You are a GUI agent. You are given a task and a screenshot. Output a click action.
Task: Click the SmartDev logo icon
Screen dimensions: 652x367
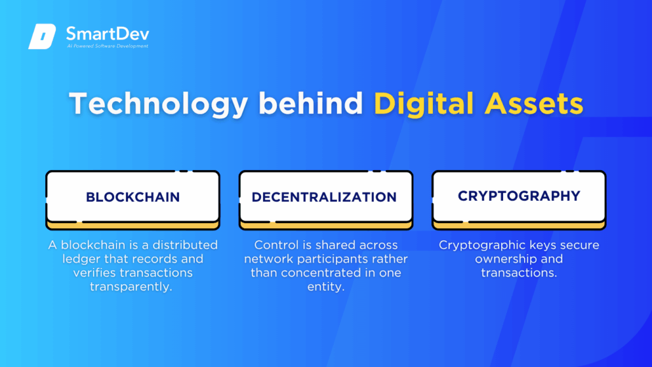pos(42,36)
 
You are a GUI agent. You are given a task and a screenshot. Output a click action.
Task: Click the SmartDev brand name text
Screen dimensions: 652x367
pos(107,34)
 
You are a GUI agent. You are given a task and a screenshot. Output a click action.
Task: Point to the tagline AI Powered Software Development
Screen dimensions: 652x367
pos(107,46)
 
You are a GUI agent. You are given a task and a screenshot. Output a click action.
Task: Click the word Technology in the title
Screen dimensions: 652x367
pos(159,104)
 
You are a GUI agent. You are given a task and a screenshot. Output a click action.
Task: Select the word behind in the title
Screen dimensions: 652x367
pos(311,103)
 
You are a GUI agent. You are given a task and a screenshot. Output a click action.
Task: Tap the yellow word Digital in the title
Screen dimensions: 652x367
pos(423,104)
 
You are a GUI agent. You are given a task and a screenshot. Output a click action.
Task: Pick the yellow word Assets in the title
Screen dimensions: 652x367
pos(534,103)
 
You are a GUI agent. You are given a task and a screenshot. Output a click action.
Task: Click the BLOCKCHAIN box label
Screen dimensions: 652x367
pos(132,197)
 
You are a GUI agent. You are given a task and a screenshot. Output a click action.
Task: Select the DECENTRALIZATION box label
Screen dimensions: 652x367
pos(324,197)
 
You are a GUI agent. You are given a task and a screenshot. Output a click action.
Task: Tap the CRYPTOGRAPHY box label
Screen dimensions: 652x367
pos(519,196)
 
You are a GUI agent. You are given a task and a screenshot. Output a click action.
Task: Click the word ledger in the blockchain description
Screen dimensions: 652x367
pos(81,259)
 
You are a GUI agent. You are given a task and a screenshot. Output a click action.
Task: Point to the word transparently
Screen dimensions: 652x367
pos(131,287)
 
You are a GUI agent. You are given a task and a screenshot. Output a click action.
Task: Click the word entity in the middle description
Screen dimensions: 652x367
pos(325,287)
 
